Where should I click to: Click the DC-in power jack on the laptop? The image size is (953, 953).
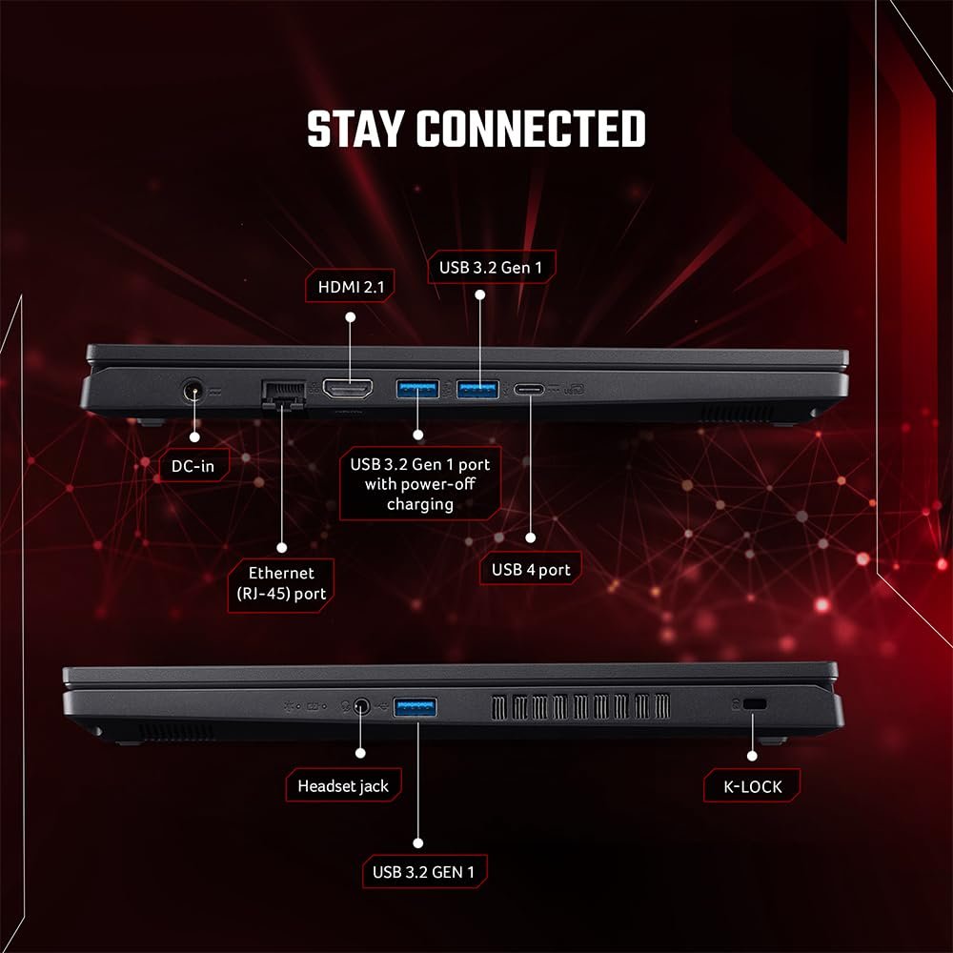click(x=193, y=390)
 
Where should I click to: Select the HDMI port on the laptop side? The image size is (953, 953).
click(x=348, y=389)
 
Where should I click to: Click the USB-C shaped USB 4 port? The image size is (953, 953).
click(x=529, y=389)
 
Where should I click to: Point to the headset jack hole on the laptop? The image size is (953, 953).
click(x=361, y=706)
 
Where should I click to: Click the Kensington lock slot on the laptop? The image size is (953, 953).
click(x=755, y=704)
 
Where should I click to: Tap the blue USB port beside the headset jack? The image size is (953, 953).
click(x=416, y=707)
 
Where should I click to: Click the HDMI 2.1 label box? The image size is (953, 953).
click(x=350, y=286)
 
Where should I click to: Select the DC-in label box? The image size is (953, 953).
click(x=193, y=466)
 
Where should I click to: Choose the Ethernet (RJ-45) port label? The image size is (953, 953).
click(x=281, y=584)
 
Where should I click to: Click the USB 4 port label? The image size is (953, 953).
click(x=531, y=570)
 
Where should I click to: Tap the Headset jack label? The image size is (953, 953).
click(x=343, y=786)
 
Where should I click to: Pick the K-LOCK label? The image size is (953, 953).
click(x=752, y=786)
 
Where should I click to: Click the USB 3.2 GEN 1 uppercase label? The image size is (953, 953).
click(x=424, y=872)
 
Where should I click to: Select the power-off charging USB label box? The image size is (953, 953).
click(x=420, y=484)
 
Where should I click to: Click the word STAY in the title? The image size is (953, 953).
click(x=355, y=129)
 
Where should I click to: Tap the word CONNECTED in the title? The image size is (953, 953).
click(x=531, y=129)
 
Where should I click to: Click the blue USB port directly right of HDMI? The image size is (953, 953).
click(x=417, y=389)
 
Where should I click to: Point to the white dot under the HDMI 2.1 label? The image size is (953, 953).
click(x=350, y=317)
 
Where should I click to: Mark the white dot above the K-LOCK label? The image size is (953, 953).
click(x=752, y=756)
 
